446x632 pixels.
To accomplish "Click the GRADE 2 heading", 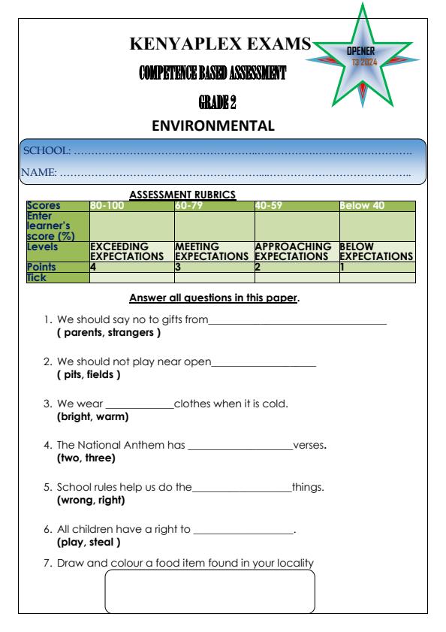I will (219, 103).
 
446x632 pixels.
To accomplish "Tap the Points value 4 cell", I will (93, 267).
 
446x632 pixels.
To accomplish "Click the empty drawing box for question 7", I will (209, 591).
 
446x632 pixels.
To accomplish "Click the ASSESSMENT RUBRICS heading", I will (183, 195).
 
